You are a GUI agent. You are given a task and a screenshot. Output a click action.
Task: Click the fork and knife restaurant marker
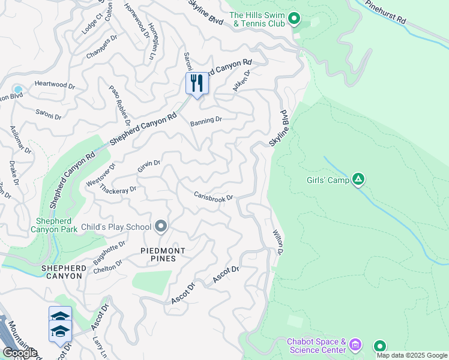tap(196, 83)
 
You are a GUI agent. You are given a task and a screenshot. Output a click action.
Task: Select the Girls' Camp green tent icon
tap(358, 178)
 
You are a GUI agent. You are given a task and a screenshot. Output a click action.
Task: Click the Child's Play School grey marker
tap(161, 226)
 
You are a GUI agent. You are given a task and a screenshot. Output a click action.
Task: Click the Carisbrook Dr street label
tap(213, 196)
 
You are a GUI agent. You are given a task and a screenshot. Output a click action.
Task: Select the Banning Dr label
tap(206, 121)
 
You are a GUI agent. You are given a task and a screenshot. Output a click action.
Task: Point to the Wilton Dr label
tap(277, 242)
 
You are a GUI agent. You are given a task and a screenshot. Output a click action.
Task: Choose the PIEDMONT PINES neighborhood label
tap(163, 254)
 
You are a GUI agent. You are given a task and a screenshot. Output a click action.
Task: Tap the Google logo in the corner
tap(20, 352)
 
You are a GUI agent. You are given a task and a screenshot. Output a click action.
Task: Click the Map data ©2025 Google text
tap(412, 355)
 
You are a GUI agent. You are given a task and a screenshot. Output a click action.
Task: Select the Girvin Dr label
tap(149, 166)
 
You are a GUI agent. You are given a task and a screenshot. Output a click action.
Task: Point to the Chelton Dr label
tap(108, 266)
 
